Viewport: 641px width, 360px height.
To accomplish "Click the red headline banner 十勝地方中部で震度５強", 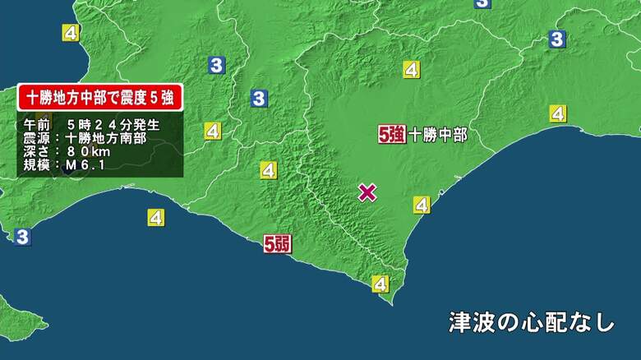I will (99, 98).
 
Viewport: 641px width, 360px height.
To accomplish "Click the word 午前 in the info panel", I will (38, 125).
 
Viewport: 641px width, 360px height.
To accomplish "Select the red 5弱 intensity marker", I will (278, 243).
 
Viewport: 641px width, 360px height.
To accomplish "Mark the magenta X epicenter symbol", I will (367, 192).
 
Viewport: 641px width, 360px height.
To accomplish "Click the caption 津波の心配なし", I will (532, 321).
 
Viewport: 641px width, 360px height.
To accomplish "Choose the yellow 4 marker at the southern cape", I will (380, 284).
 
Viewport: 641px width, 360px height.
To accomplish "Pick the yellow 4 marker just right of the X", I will (422, 205).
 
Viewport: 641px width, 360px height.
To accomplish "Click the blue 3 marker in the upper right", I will (557, 39).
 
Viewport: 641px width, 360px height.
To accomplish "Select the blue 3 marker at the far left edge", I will (21, 237).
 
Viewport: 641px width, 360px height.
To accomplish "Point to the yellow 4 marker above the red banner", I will (71, 33).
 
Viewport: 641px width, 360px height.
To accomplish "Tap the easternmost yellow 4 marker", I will (558, 113).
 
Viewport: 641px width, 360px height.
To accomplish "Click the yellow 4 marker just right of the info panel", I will (213, 131).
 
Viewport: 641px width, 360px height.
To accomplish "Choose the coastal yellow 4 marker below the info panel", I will (156, 218).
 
